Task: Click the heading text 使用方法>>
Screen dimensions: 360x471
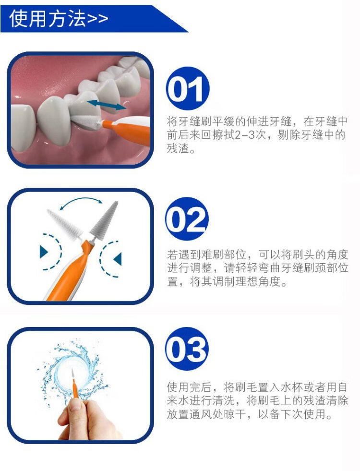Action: (x=59, y=18)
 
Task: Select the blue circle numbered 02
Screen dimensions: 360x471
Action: (x=187, y=218)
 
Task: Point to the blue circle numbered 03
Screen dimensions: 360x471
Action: (x=187, y=349)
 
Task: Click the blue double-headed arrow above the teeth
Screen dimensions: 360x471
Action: (x=107, y=105)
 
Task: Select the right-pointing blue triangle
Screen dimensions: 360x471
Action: (x=44, y=252)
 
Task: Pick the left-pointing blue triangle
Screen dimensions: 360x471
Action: (x=118, y=259)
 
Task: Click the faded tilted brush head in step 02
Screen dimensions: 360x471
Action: (x=64, y=224)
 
